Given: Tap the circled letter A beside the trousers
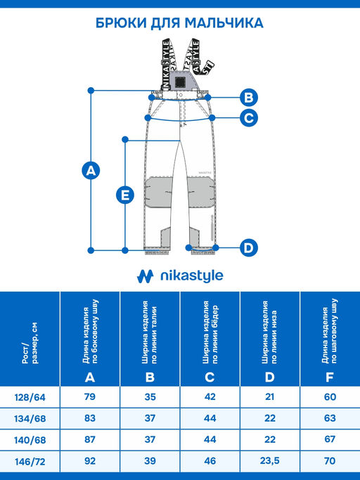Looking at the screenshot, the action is pos(91,170).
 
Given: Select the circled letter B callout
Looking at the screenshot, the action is pos(249,98).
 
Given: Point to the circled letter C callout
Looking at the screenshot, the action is pos(249,118).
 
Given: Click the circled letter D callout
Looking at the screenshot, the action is pos(249,247).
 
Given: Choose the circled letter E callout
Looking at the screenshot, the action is pos(125,195).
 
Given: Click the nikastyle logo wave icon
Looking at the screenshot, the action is pos(146,276).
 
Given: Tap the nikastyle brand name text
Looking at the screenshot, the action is pos(192,276).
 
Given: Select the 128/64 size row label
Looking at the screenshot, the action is pos(30,397).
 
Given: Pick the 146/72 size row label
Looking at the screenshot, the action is pos(30,462).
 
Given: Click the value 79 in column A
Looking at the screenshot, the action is pos(90,397).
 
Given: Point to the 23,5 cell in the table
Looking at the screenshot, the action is pos(269,461).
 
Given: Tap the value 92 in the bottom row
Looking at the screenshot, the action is pos(90,461).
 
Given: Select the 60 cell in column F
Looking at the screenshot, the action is pos(330,397).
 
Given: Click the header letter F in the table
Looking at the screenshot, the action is pos(330,377).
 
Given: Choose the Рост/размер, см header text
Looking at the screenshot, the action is pos(30,343).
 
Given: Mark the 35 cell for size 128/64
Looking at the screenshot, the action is pos(150,397).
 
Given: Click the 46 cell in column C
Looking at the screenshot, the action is pos(210,461).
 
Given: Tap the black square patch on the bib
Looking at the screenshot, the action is pos(180,82).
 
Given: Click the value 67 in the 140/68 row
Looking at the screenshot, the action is pos(330,439).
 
